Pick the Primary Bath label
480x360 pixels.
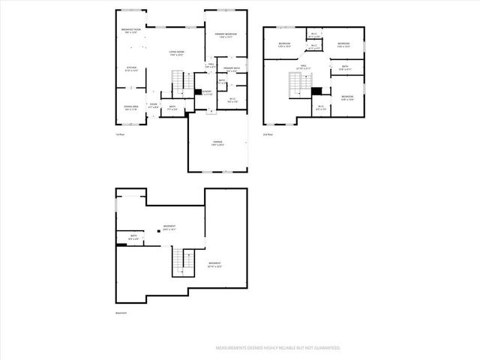(x=231, y=70)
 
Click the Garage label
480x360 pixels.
(x=217, y=143)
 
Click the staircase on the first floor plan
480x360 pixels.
(x=178, y=79)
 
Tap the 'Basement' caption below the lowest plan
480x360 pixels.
(x=121, y=313)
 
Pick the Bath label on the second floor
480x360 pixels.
(x=344, y=68)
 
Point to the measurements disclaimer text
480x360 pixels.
(x=278, y=348)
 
